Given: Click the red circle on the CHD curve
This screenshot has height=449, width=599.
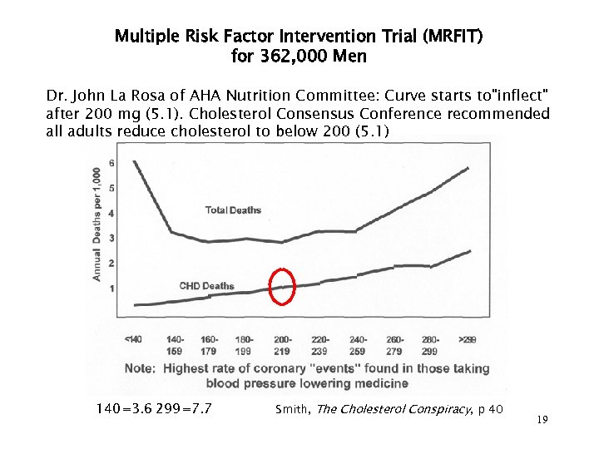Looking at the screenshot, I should [284, 287].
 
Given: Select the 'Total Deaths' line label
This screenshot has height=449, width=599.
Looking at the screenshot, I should [233, 210].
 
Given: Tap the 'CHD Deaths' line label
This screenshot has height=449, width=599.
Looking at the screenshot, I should [206, 286].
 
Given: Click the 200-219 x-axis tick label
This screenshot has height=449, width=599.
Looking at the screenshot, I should [284, 344].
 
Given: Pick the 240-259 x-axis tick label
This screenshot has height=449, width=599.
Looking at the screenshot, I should [358, 344].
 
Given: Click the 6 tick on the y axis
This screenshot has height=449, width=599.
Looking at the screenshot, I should [111, 162].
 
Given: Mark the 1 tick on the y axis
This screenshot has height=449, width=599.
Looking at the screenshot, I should [111, 289].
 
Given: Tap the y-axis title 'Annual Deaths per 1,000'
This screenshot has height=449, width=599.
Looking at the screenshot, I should [97, 223].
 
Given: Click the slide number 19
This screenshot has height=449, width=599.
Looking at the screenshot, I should [542, 420].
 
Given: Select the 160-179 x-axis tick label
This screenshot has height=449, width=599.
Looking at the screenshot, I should [209, 344].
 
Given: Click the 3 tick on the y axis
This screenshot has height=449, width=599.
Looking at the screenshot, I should [111, 239].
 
